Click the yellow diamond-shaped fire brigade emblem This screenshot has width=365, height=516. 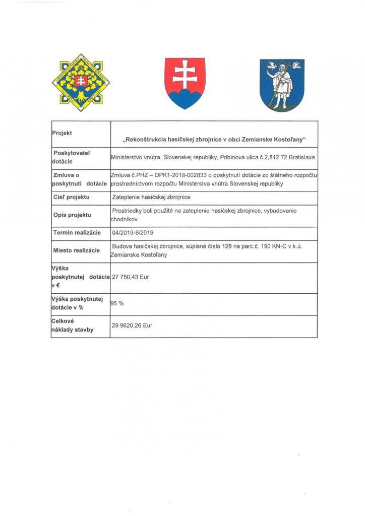click(x=81, y=82)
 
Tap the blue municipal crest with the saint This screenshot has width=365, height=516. click(x=282, y=85)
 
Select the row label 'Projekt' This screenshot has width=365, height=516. click(x=63, y=133)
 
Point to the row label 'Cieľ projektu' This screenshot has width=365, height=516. click(x=71, y=197)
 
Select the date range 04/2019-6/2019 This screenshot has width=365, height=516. click(x=134, y=233)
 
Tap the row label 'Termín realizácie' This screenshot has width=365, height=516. click(x=77, y=233)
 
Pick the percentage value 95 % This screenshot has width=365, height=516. click(x=117, y=304)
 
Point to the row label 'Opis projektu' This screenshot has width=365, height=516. click(x=72, y=215)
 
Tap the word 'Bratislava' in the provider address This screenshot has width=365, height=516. click(x=300, y=157)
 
